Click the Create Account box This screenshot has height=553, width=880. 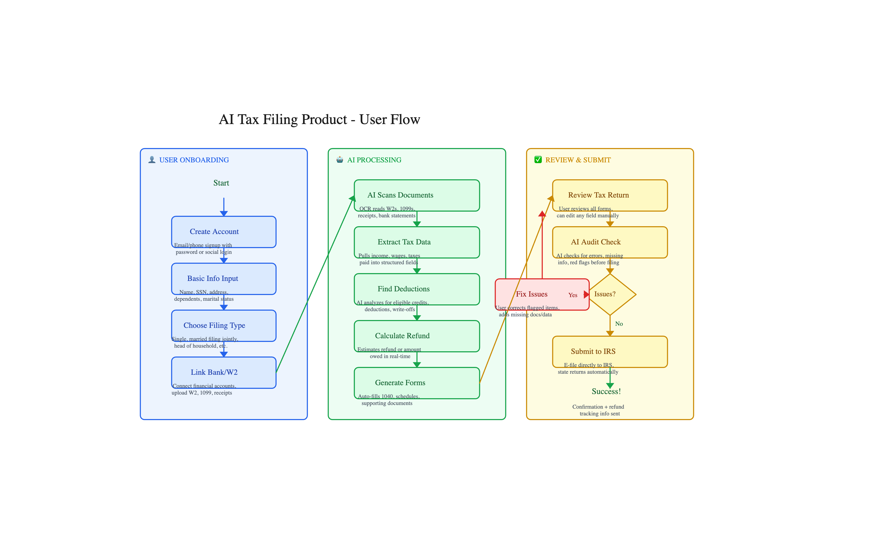(224, 232)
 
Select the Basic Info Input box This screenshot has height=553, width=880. (224, 279)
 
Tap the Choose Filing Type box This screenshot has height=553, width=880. (224, 325)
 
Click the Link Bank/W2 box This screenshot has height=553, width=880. (224, 372)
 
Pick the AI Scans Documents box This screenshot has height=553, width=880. (417, 195)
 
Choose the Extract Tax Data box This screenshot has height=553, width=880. (417, 242)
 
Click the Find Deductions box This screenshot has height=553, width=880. (417, 289)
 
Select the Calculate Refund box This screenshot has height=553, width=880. (417, 336)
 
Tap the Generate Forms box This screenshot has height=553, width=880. (417, 383)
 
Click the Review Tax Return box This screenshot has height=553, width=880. (610, 195)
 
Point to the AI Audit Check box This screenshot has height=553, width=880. (610, 242)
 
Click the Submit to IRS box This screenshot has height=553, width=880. (610, 352)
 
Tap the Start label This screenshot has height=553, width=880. (221, 183)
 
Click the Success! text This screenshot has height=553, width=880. (606, 391)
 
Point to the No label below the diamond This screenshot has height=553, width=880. (619, 324)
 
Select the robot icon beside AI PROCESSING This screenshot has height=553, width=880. (340, 159)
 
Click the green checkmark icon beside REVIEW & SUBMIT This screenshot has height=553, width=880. (538, 159)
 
